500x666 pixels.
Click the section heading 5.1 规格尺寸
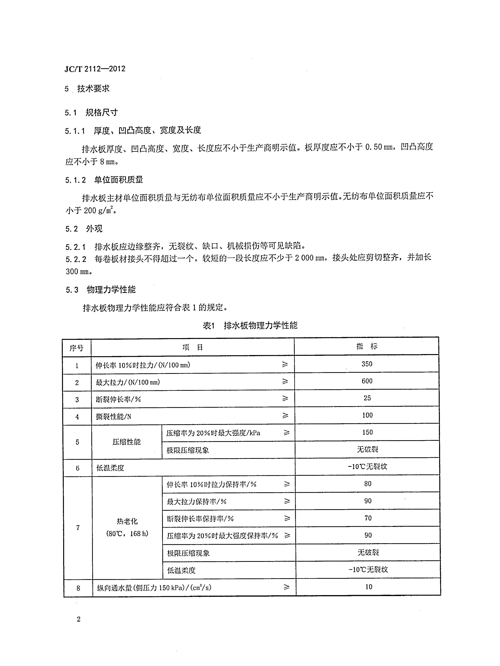(x=91, y=113)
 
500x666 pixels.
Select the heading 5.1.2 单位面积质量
(x=104, y=180)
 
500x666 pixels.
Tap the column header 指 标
(x=366, y=346)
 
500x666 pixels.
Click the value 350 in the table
(x=367, y=364)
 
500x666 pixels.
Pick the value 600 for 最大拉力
(x=367, y=381)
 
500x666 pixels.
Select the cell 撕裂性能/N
(x=113, y=417)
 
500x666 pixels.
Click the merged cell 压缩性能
(x=127, y=442)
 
